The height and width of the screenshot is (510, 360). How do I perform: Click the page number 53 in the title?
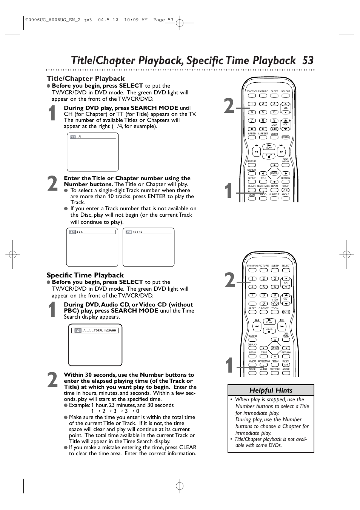[x=308, y=60]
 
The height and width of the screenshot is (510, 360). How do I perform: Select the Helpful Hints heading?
[x=271, y=390]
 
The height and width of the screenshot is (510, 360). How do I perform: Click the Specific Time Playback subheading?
[x=85, y=275]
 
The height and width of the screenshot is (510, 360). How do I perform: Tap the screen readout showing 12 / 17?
[x=138, y=232]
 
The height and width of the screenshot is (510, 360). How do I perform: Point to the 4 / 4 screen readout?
[x=80, y=232]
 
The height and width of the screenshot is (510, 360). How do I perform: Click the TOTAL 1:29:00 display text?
[x=105, y=330]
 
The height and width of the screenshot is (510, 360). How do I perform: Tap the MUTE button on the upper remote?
[x=285, y=137]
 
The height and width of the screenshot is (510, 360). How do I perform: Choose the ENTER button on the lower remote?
[x=275, y=348]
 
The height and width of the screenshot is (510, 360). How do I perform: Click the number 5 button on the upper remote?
[x=263, y=112]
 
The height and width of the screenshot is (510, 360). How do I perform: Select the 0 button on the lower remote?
[x=263, y=304]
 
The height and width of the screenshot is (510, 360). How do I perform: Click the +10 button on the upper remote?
[x=274, y=129]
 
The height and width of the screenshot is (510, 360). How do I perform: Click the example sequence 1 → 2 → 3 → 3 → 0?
[x=115, y=411]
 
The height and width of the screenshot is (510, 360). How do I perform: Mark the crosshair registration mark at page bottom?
[x=180, y=485]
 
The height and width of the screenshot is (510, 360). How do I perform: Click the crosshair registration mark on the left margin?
[x=12, y=255]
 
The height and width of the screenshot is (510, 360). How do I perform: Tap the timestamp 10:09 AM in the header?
[x=136, y=20]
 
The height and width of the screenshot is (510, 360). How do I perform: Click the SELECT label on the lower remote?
[x=286, y=266]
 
